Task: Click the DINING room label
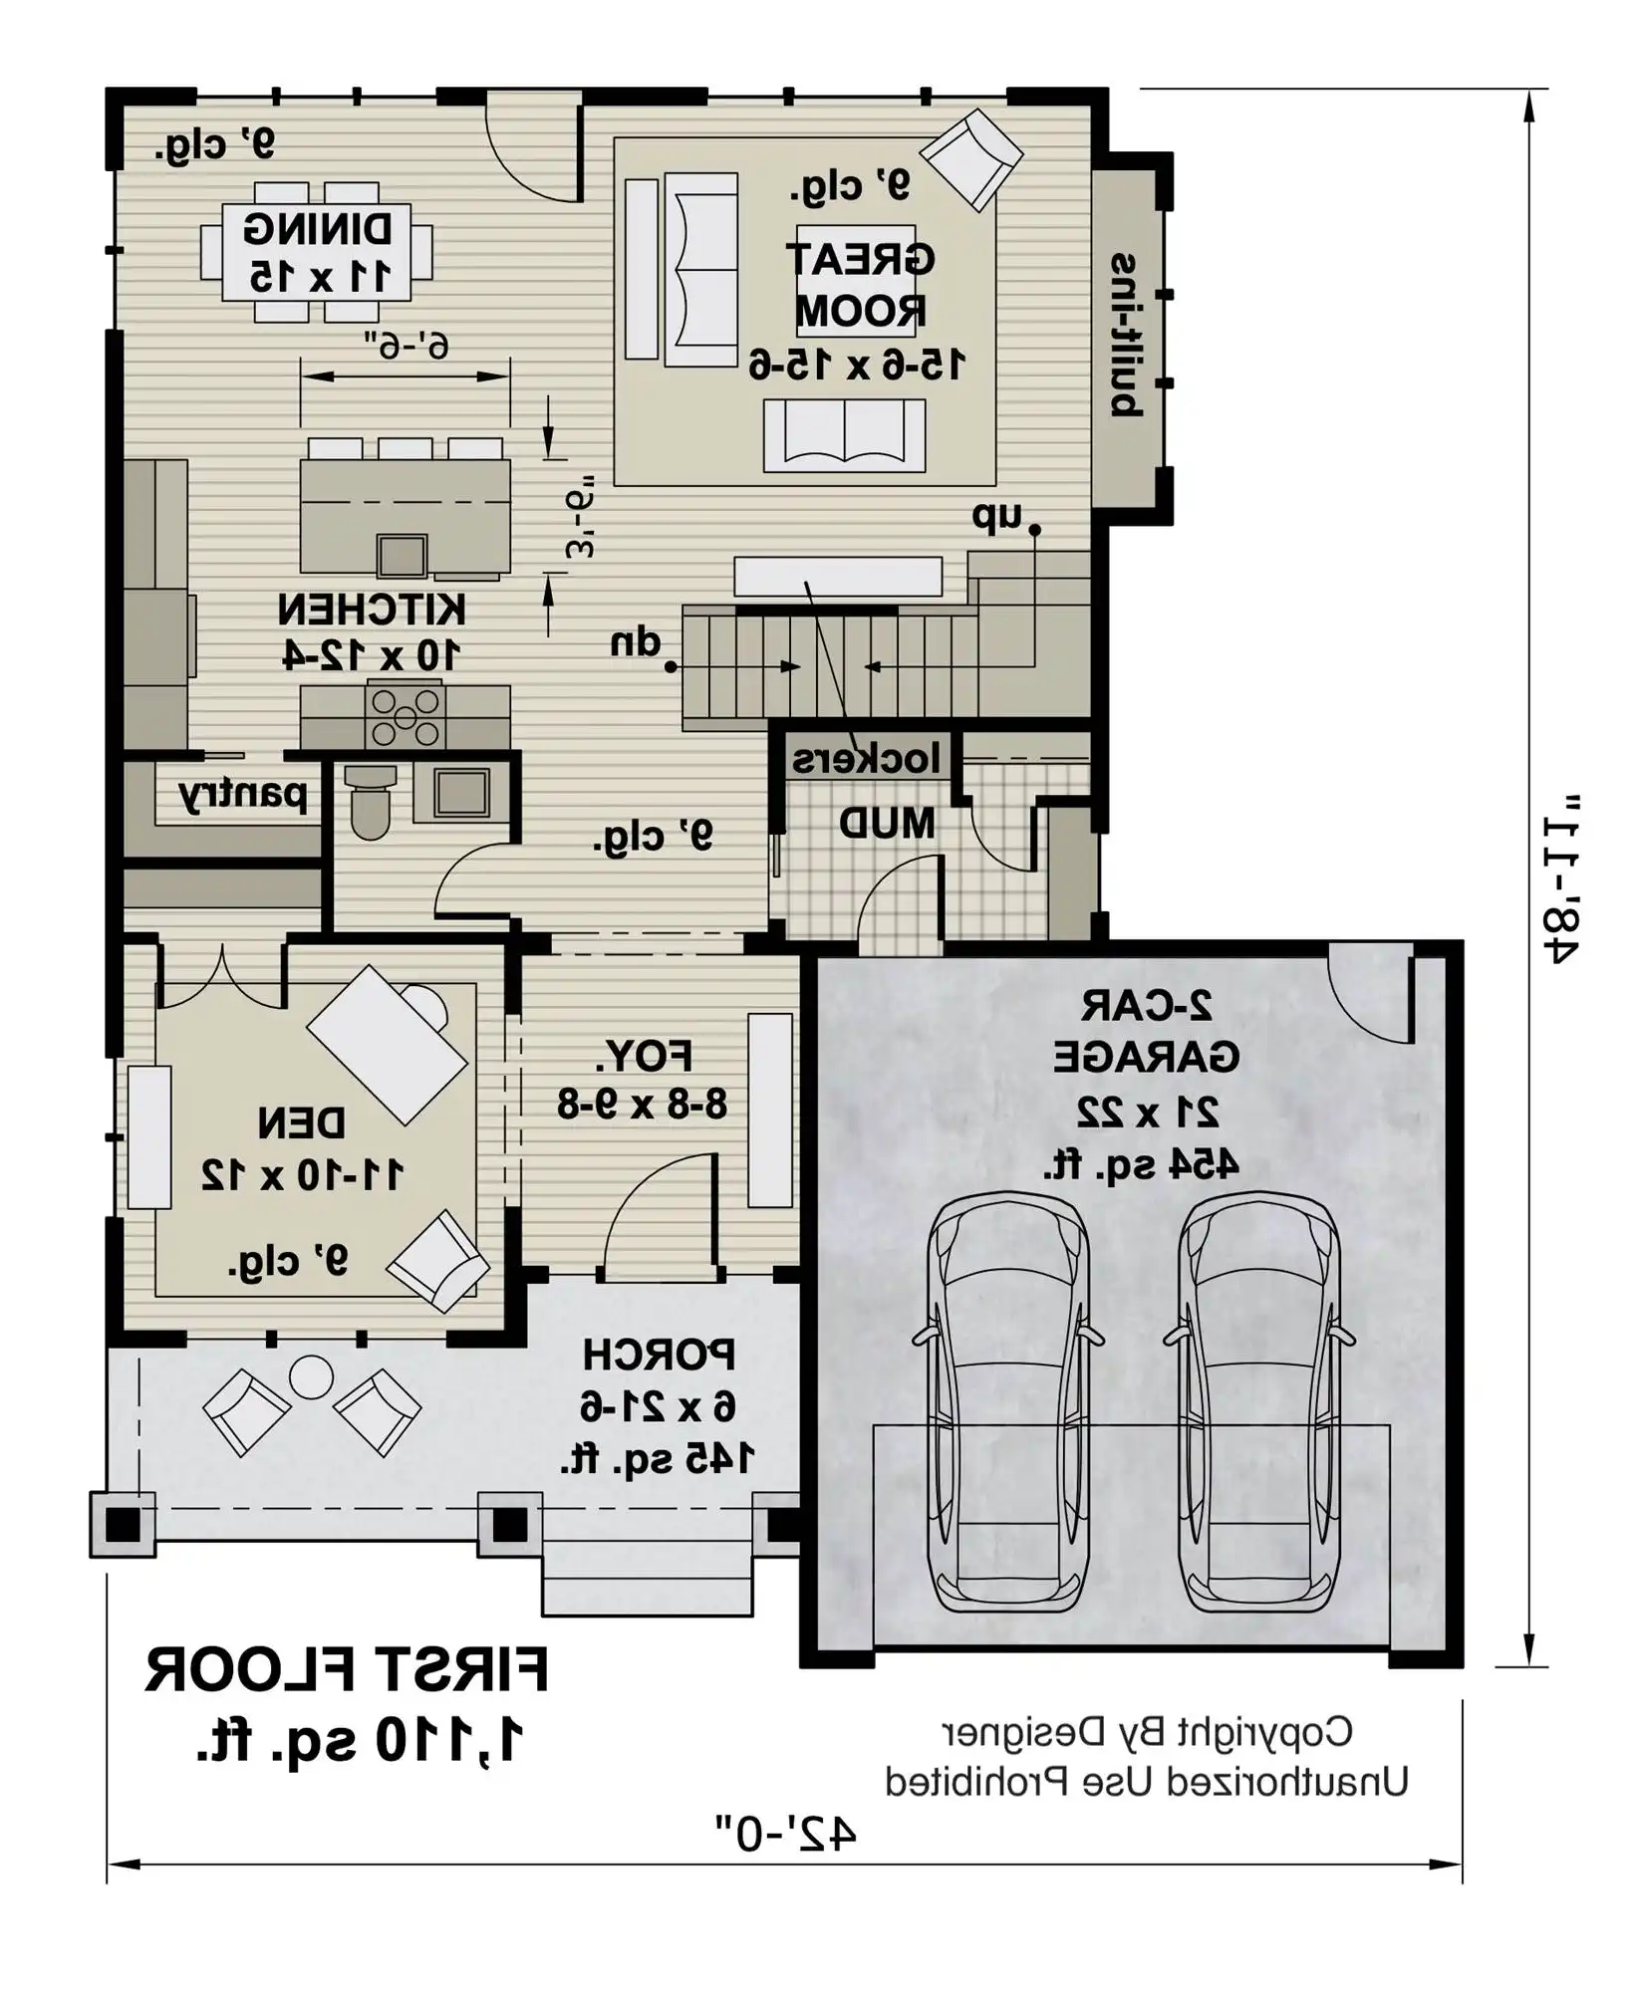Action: pos(318,230)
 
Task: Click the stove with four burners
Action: pos(405,715)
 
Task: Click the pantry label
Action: pos(242,796)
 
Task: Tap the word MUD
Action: pos(887,824)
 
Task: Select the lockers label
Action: pos(866,760)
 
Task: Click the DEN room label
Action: pos(302,1123)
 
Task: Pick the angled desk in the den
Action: pos(387,1044)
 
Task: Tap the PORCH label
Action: pos(660,1355)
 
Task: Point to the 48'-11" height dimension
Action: pos(1559,878)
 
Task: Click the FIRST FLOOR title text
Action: pos(347,1671)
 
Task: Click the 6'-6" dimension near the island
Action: pos(406,346)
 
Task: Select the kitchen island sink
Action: pos(403,556)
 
